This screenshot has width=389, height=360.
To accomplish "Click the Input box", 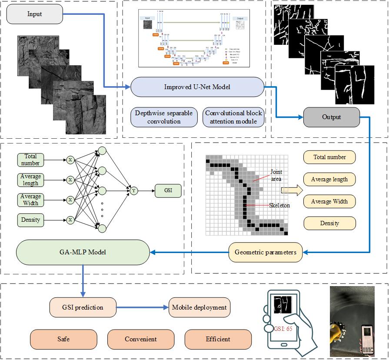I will pyautogui.click(x=35, y=14).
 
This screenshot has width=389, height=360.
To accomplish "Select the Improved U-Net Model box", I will pyautogui.click(x=197, y=87).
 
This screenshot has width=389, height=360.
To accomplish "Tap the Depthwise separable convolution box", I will pyautogui.click(x=163, y=117).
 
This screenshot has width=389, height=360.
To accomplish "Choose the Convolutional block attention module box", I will pyautogui.click(x=234, y=117).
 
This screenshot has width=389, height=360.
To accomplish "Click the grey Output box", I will pyautogui.click(x=331, y=117).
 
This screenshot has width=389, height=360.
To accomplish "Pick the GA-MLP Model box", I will pyautogui.click(x=82, y=252).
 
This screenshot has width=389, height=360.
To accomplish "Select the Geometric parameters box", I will pyautogui.click(x=266, y=252).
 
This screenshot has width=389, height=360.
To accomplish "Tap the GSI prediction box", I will pyautogui.click(x=83, y=307).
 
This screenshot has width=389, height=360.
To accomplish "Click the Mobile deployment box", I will pyautogui.click(x=199, y=307).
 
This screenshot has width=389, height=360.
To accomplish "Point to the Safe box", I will pyautogui.click(x=63, y=339).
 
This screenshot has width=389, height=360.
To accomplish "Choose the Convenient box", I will pyautogui.click(x=141, y=339).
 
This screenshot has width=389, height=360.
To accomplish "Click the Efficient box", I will pyautogui.click(x=218, y=339).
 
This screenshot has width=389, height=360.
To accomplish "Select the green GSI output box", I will pyautogui.click(x=167, y=190).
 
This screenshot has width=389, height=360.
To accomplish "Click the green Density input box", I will pyautogui.click(x=30, y=220).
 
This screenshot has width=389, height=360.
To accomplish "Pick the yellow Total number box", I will pyautogui.click(x=329, y=157).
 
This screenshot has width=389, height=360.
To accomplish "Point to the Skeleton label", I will pyautogui.click(x=279, y=205).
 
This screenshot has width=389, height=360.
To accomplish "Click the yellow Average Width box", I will pyautogui.click(x=329, y=201).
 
